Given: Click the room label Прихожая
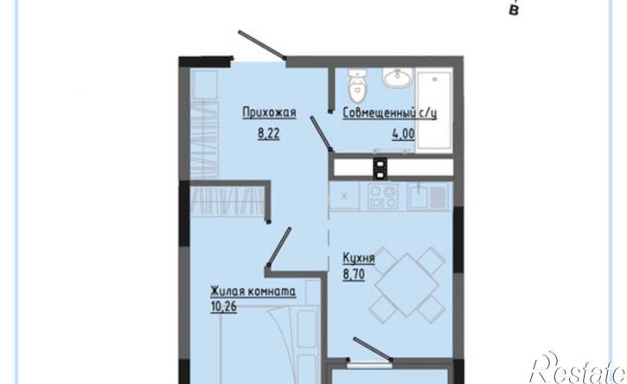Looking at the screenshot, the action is pyautogui.click(x=269, y=112).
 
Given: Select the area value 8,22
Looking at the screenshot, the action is pyautogui.click(x=268, y=133).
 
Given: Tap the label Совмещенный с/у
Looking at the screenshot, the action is pyautogui.click(x=389, y=113).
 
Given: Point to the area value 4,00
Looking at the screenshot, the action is pyautogui.click(x=403, y=133).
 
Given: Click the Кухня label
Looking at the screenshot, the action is pyautogui.click(x=359, y=259).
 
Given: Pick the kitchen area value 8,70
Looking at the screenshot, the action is pyautogui.click(x=354, y=275).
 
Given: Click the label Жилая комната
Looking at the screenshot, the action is pyautogui.click(x=253, y=291).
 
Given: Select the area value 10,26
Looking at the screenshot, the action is pyautogui.click(x=223, y=307).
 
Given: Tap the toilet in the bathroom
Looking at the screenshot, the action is pyautogui.click(x=356, y=86).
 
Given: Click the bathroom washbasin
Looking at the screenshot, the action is pyautogui.click(x=398, y=78).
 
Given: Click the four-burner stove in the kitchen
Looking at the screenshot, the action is pyautogui.click(x=383, y=196).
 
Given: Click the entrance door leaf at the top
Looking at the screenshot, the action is pyautogui.click(x=261, y=45).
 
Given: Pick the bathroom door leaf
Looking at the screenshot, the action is pyautogui.click(x=321, y=133).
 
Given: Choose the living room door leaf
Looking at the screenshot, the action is pyautogui.click(x=278, y=246).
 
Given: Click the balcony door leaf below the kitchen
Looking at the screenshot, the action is pyautogui.click(x=373, y=349).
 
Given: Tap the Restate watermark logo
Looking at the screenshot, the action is pyautogui.click(x=578, y=368).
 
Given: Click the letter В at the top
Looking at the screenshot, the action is pyautogui.click(x=514, y=10).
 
